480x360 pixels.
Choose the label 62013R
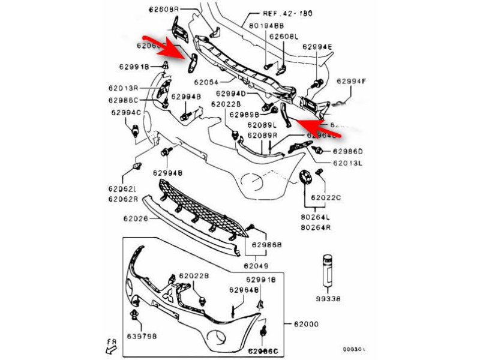tap(124, 88)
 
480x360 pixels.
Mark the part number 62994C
tap(125, 112)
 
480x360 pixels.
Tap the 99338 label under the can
tap(328, 298)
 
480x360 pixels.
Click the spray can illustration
tap(328, 271)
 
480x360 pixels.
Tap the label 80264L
tap(316, 217)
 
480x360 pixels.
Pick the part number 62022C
tap(326, 197)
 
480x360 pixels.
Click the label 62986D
tap(348, 151)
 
